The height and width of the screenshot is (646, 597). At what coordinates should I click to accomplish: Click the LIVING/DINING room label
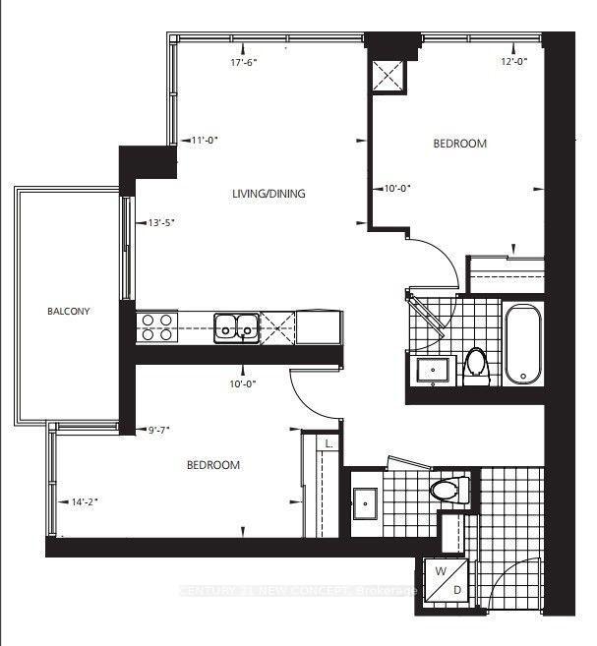pos(268,194)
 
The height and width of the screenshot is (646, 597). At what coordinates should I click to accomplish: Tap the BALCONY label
pos(69,312)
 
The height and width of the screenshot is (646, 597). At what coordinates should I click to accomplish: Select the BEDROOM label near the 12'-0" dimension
pos(460,144)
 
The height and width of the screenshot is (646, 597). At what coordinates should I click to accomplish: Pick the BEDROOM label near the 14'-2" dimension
pos(213,465)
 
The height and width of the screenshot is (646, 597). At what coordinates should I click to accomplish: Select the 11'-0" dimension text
pos(205,140)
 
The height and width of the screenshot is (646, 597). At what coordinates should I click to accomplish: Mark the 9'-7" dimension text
pos(160,429)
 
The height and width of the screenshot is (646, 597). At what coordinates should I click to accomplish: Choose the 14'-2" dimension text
pos(86,502)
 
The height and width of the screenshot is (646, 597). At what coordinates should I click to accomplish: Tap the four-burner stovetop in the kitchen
pos(155,325)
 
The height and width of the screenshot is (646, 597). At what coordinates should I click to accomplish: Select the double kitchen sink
pos(236,325)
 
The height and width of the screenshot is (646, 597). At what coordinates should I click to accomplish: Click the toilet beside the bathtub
pos(477,361)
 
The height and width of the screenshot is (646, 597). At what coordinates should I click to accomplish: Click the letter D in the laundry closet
pos(457,588)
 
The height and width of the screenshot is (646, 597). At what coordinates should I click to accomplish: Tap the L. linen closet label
pos(328,445)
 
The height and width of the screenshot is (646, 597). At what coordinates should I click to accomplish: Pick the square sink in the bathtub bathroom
pos(432,369)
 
